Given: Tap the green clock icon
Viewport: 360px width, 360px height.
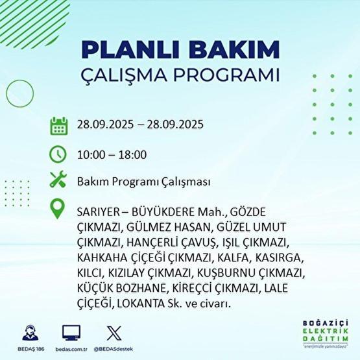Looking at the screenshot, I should [58, 154].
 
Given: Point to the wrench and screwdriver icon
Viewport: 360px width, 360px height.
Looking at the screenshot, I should [58, 181].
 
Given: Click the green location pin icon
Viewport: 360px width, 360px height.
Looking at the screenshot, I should [58, 210].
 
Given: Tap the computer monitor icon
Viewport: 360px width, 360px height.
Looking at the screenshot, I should [71, 332].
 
